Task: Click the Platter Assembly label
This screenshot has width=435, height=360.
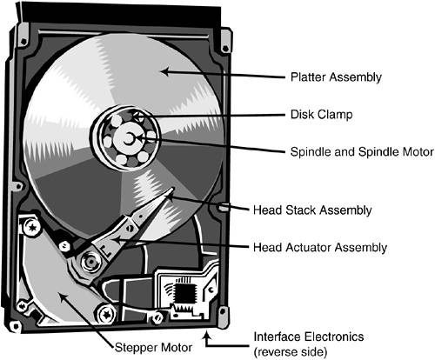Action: click(336, 77)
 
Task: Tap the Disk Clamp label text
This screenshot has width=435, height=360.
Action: click(322, 115)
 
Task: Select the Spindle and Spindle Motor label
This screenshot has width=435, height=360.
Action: click(362, 152)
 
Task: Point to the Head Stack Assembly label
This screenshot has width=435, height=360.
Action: click(312, 210)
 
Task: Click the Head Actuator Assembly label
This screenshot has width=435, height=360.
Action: click(320, 248)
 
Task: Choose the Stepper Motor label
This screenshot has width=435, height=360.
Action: click(153, 347)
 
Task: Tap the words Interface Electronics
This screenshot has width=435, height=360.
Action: click(309, 337)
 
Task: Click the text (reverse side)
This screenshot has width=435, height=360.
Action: click(291, 352)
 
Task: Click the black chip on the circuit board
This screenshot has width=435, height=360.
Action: click(184, 292)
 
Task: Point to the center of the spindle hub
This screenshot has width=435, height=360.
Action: click(128, 139)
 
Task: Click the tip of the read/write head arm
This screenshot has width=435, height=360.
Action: click(171, 189)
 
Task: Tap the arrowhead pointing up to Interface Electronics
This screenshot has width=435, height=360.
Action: click(206, 336)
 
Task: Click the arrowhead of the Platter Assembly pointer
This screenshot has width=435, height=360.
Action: click(164, 71)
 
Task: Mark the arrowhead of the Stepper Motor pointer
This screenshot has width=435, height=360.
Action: click(63, 297)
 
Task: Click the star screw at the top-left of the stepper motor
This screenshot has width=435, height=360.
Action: click(32, 227)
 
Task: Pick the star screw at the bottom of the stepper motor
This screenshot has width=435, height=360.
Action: click(106, 314)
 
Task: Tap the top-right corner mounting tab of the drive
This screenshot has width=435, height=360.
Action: click(226, 41)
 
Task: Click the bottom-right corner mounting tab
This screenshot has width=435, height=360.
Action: click(223, 317)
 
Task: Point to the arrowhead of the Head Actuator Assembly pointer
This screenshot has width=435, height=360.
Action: click(116, 241)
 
